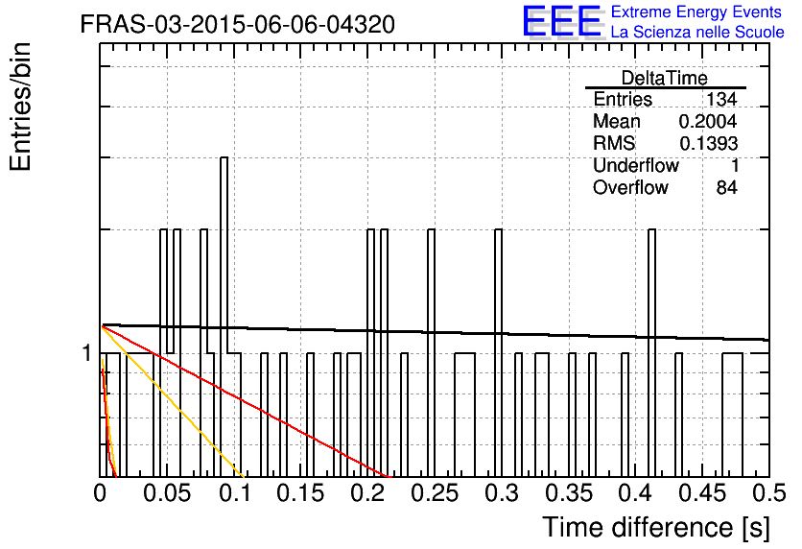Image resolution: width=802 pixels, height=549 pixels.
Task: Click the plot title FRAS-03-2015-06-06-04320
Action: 238,24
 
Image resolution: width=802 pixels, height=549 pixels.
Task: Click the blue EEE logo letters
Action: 561,21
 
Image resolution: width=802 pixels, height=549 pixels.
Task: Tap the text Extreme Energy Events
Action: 696,12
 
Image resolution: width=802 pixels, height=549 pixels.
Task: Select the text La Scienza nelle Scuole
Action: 697,33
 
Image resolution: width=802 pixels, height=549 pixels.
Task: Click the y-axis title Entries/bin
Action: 20,107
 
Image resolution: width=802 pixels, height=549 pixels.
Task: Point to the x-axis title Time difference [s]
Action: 656,527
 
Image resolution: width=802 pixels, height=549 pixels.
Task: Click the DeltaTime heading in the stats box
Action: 665,78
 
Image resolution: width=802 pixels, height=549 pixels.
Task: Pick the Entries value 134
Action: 721,99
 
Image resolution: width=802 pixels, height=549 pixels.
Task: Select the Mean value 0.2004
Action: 708,121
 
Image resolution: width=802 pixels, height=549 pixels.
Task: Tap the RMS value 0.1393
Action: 708,143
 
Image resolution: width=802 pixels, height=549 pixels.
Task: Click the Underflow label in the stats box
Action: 636,165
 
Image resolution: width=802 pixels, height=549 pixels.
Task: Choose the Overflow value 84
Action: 727,187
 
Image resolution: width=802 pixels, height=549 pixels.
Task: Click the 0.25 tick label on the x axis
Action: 435,493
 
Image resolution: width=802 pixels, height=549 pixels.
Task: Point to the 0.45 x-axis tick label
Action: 703,493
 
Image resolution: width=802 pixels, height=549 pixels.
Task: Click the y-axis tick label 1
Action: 87,353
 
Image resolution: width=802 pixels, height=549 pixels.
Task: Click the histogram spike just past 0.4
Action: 651,353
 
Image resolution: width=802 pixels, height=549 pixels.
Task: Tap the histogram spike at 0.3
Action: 498,353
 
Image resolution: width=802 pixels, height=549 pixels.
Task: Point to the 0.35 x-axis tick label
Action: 569,493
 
